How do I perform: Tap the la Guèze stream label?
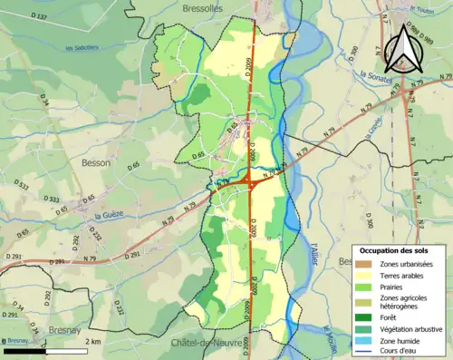(x=110, y=215)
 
